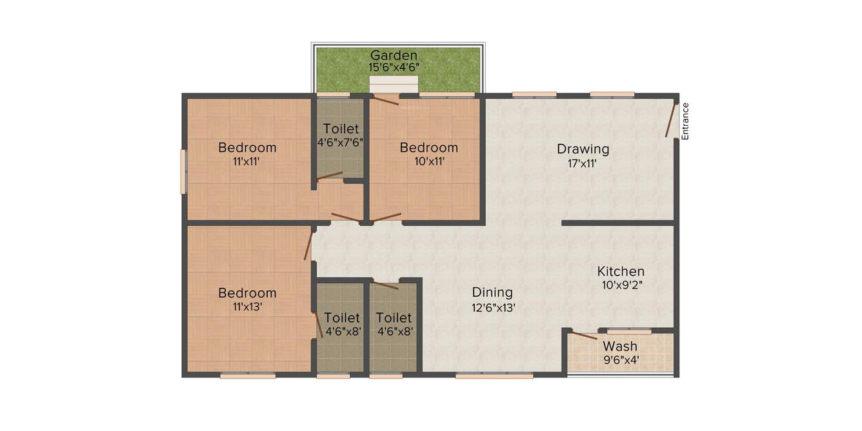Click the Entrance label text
[685, 121]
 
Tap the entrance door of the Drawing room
[671, 121]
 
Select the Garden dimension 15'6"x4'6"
[394, 67]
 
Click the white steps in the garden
[394, 85]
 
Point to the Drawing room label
[583, 150]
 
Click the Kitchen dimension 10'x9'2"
[620, 285]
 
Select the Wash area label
[620, 346]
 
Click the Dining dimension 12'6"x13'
[493, 308]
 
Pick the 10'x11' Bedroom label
[428, 148]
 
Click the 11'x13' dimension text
[246, 307]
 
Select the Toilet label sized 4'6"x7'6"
[341, 129]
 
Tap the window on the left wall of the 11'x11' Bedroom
[183, 172]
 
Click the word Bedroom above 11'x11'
[246, 148]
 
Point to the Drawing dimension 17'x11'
[583, 163]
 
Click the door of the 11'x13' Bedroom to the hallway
[308, 246]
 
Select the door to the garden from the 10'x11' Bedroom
[386, 100]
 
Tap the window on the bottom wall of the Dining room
[494, 375]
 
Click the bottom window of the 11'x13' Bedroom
[248, 375]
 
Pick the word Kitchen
[620, 271]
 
